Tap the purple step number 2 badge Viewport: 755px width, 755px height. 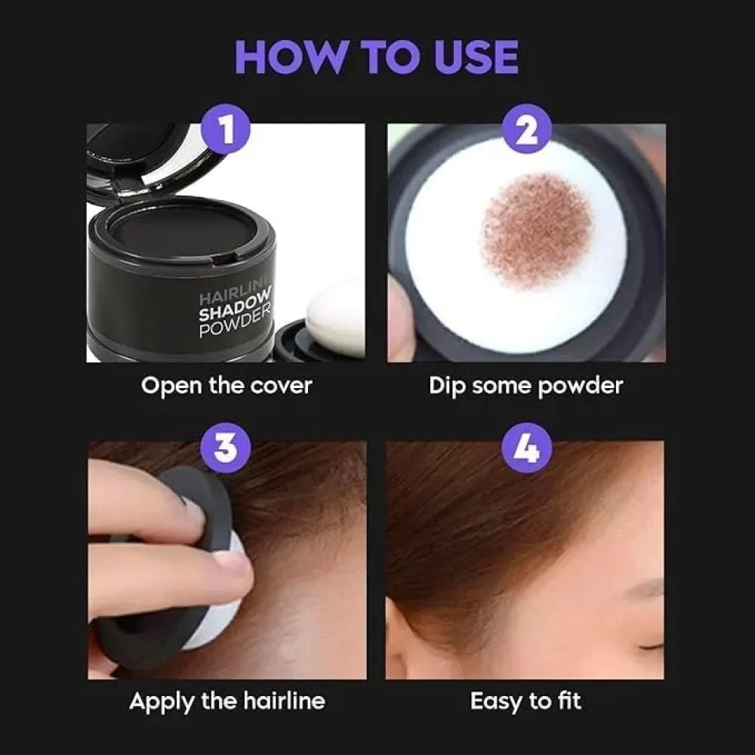[x=527, y=131]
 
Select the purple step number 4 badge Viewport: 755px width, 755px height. [x=527, y=449]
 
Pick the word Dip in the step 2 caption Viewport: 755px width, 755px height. [x=446, y=386]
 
